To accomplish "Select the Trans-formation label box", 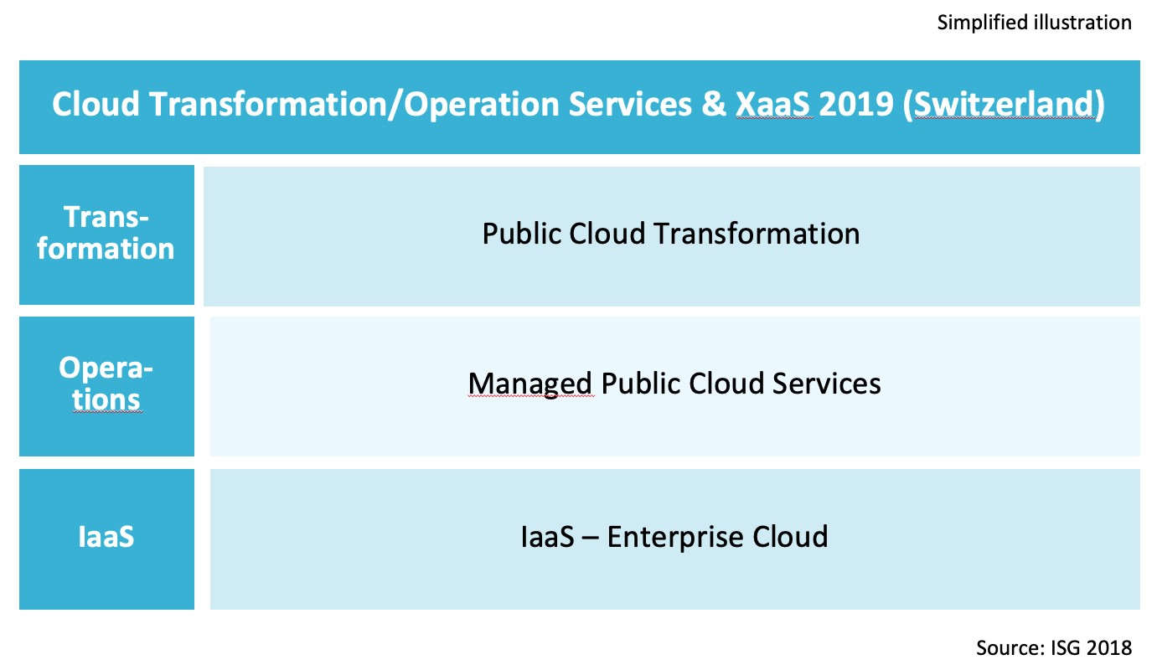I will pos(106,234).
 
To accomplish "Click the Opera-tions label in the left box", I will pos(106,384).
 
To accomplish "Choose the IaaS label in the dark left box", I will pos(106,536).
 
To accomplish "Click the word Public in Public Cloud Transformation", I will pos(522,233).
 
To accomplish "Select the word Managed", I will pos(530,384).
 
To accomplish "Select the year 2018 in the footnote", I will pos(1111,647).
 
